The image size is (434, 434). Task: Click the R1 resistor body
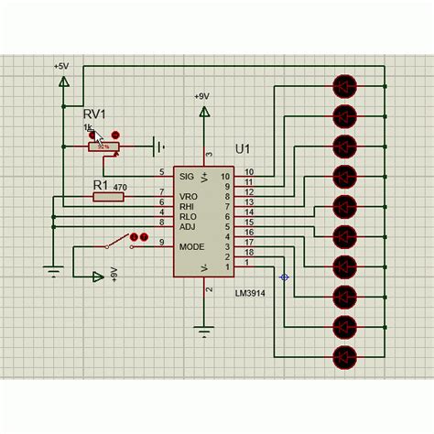click(x=109, y=196)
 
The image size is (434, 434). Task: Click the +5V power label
click(x=61, y=67)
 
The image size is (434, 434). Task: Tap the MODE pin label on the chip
click(x=192, y=245)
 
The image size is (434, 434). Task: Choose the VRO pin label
click(x=189, y=196)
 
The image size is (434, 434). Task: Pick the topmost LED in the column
click(x=344, y=87)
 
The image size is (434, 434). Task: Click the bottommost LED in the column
click(x=344, y=356)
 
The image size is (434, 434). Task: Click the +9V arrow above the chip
click(x=206, y=113)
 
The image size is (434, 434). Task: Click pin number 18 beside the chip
click(x=249, y=252)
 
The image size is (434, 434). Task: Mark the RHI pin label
click(x=188, y=205)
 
